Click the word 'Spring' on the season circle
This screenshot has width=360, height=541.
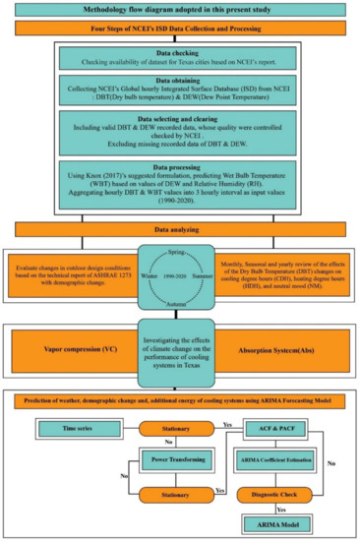tap(181, 253)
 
